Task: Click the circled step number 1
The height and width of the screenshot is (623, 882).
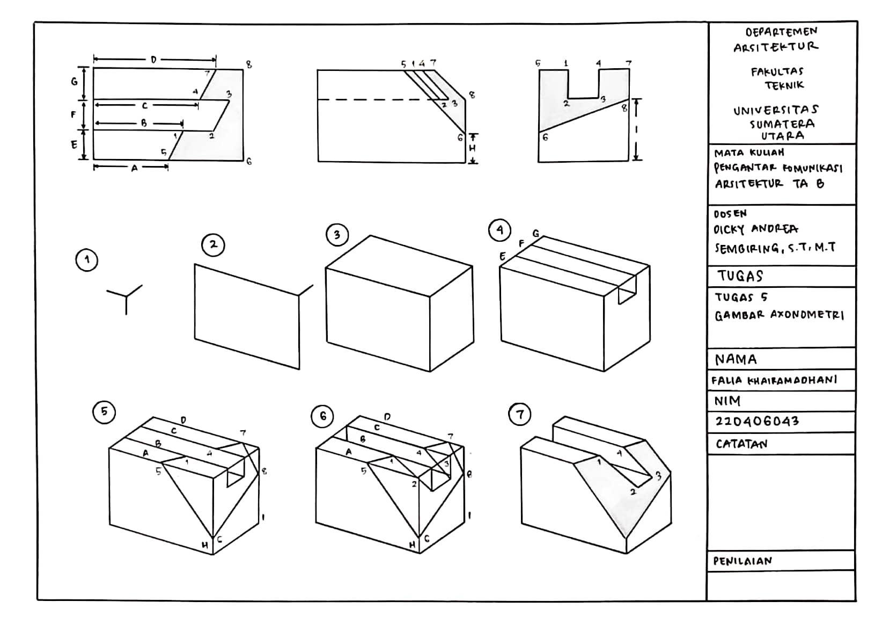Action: point(86,260)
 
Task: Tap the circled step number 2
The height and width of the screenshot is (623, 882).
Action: point(213,245)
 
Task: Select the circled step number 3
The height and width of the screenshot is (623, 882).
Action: point(337,235)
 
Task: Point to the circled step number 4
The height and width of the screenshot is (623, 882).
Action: point(499,230)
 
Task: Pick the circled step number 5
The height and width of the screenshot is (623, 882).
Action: point(104,412)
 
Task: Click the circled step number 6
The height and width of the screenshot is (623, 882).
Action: point(322,416)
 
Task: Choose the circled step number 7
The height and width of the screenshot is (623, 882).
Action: point(520,415)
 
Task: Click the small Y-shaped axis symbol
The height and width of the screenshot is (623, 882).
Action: point(126,296)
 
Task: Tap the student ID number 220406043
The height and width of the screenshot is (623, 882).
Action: point(757,421)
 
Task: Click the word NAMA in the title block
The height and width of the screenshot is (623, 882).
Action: point(736,359)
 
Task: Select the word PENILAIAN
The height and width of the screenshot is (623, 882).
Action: point(743,561)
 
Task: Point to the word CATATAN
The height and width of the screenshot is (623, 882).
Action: point(741,444)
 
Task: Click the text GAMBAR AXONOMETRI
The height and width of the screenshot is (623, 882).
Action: point(779,315)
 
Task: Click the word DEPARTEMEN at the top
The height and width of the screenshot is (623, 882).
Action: point(781,32)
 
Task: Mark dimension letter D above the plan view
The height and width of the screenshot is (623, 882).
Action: point(153,60)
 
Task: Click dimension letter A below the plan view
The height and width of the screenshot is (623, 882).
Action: point(134,168)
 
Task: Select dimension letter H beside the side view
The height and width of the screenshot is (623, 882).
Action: point(472,148)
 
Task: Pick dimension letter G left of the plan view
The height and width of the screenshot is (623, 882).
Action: point(75,82)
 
